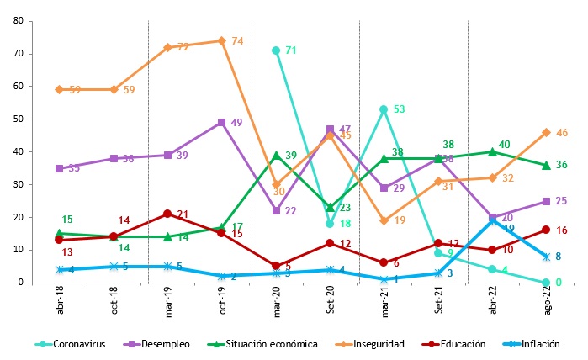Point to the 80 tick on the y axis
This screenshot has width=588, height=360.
[18, 21]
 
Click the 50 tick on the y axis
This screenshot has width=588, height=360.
[18, 119]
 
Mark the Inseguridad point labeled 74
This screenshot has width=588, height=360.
[222, 40]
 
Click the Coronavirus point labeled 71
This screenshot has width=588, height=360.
[276, 50]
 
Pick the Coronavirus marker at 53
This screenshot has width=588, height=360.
[384, 109]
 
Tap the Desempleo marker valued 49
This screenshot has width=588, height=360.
[222, 122]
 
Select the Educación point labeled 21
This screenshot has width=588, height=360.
[168, 214]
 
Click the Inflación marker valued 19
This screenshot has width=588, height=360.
[492, 220]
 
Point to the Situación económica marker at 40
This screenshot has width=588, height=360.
[492, 151]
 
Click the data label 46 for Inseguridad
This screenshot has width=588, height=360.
[563, 133]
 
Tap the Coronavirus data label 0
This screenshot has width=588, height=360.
[558, 283]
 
